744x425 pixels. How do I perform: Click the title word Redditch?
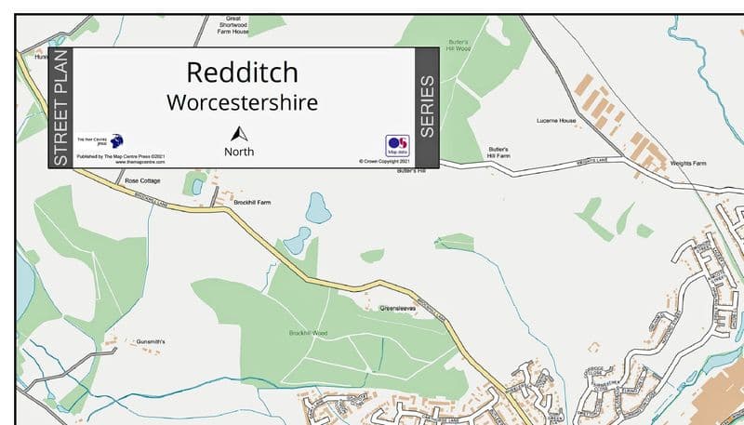pyautogui.click(x=242, y=73)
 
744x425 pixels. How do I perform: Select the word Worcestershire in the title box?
pyautogui.click(x=242, y=101)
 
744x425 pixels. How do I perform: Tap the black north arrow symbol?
pyautogui.click(x=239, y=134)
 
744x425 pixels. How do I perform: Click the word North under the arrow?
pyautogui.click(x=239, y=152)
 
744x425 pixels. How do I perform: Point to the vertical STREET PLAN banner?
pyautogui.click(x=60, y=108)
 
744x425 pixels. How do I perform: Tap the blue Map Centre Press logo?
pyautogui.click(x=117, y=141)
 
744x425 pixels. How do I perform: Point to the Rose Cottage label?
pyautogui.click(x=143, y=180)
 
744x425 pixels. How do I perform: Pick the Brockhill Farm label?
pyautogui.click(x=252, y=202)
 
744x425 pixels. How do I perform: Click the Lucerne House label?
pyautogui.click(x=556, y=121)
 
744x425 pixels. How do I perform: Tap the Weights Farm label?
pyautogui.click(x=688, y=163)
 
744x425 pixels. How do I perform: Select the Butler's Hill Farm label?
pyautogui.click(x=499, y=153)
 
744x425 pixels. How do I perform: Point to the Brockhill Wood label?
pyautogui.click(x=308, y=333)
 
